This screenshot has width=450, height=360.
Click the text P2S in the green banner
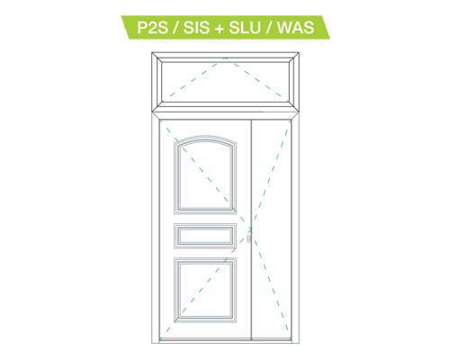152,28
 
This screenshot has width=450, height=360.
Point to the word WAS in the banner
295,28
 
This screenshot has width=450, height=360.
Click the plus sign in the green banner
220,29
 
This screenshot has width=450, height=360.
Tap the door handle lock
248,238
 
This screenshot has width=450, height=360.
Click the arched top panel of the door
205,175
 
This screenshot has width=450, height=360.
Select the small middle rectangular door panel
205,236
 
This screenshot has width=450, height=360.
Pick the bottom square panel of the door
205,290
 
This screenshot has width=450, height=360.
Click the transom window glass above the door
225,82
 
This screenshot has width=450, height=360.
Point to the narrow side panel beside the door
271,229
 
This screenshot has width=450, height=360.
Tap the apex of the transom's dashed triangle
225,58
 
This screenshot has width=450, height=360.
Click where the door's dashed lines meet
251,229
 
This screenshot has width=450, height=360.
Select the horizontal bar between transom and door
225,115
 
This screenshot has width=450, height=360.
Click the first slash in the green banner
175,28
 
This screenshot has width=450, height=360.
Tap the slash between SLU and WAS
269,28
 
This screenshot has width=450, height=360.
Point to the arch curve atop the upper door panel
205,139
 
